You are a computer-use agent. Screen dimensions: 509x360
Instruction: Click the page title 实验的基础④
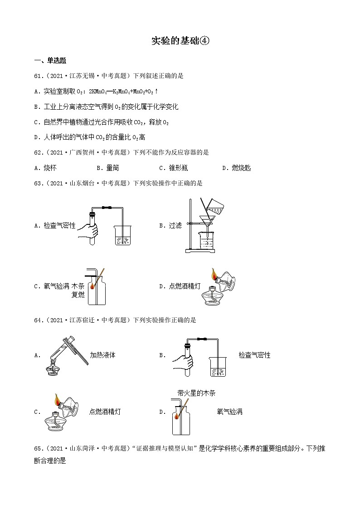[180, 41]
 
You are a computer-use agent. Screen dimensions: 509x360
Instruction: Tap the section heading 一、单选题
[50, 61]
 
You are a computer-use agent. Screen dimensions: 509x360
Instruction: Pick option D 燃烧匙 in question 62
[237, 168]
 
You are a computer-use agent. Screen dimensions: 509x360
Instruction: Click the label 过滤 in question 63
[175, 225]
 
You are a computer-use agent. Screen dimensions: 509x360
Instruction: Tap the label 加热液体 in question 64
[103, 355]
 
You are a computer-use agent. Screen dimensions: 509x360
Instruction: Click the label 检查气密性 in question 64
[254, 355]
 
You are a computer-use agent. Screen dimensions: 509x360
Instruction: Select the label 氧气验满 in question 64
[230, 412]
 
